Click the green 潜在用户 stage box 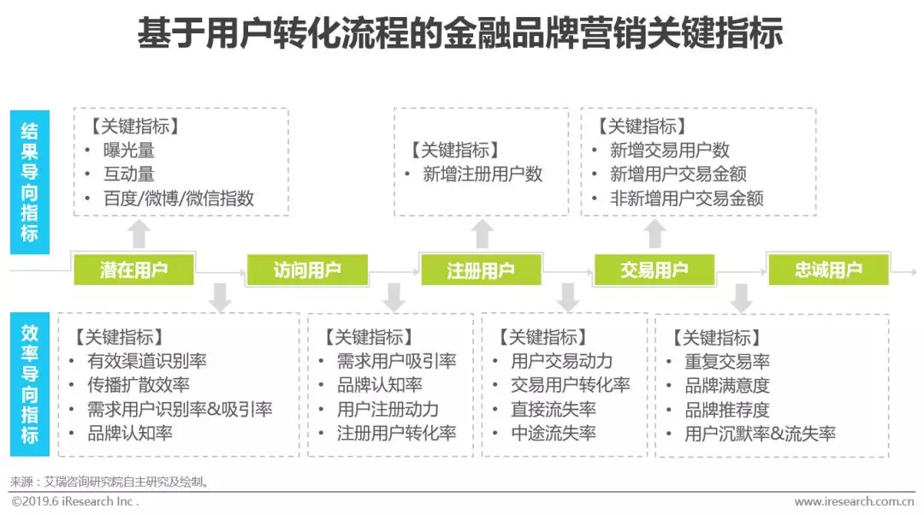(x=134, y=270)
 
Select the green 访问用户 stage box (x=307, y=270)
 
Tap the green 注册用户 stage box (x=481, y=270)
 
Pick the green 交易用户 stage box (x=654, y=270)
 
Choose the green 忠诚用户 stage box (x=828, y=270)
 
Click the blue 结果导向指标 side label (x=30, y=182)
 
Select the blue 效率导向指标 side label (x=30, y=383)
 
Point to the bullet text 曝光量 (x=128, y=151)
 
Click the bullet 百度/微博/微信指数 (x=178, y=198)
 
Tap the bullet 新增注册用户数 (x=483, y=175)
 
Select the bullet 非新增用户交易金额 (x=686, y=198)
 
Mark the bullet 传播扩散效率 (x=139, y=385)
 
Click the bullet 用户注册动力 (x=388, y=409)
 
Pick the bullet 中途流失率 (x=554, y=433)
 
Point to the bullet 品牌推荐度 (x=726, y=410)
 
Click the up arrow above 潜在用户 (x=139, y=233)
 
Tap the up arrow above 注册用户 (x=483, y=233)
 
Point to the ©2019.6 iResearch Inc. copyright (x=74, y=501)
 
